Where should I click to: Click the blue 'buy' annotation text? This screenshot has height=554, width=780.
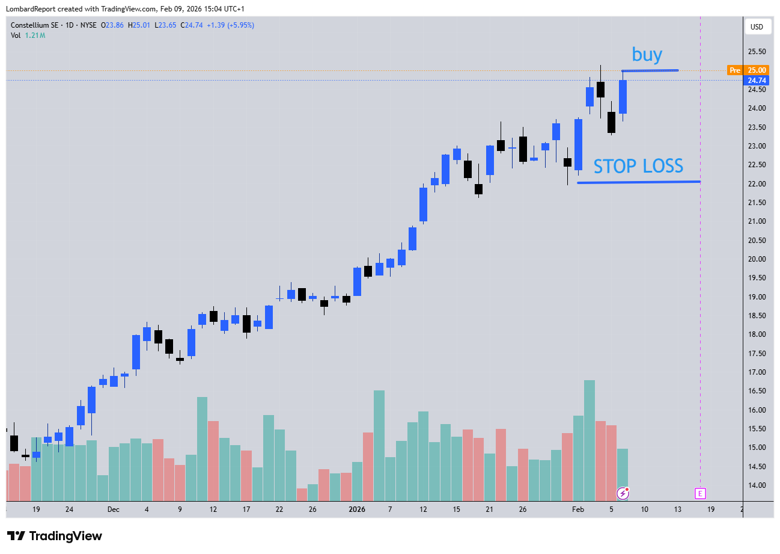point(647,55)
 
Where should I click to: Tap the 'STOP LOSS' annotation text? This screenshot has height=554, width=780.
point(638,166)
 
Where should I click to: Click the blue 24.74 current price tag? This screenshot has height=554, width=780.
point(757,81)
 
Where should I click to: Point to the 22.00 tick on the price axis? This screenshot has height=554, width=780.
point(757,183)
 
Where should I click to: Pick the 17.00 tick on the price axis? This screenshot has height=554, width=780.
point(757,372)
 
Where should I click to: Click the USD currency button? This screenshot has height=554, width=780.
point(757,27)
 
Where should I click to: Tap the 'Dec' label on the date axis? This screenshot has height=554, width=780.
point(114,509)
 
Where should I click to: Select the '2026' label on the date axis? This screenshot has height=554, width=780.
point(357,509)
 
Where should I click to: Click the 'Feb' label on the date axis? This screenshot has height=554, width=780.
point(577,509)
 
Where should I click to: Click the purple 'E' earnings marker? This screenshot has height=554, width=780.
point(700,493)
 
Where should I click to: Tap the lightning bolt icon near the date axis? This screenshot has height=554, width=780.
point(624,494)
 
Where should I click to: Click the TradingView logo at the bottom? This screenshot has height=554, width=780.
point(55,536)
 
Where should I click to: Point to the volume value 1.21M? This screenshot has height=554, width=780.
point(35,35)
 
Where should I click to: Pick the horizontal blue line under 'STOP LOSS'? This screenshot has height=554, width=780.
point(638,182)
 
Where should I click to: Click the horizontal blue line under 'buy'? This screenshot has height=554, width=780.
point(650,71)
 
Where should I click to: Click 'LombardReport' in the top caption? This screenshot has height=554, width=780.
point(30,9)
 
